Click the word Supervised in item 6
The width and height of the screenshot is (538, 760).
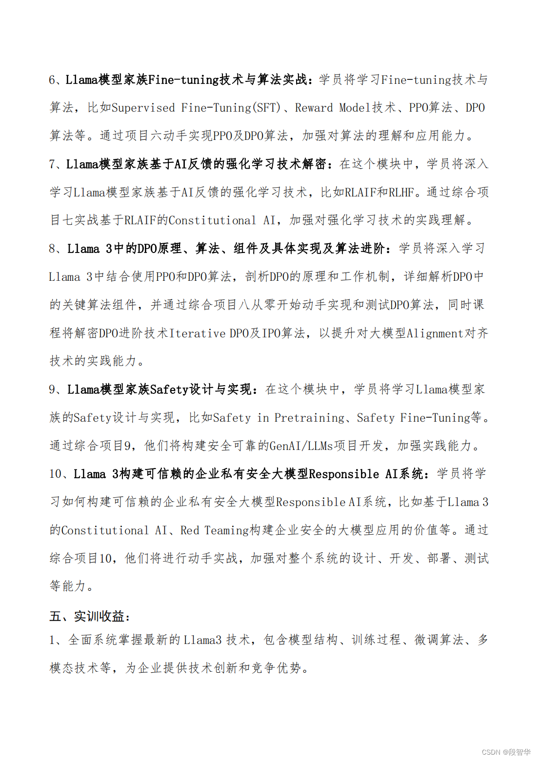click(143, 108)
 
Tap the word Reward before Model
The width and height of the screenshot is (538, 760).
click(314, 108)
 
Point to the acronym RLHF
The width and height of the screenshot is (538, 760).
click(401, 193)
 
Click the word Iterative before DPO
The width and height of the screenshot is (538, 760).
click(197, 333)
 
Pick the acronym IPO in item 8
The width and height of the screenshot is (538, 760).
click(271, 333)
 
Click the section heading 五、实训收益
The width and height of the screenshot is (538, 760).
click(90, 617)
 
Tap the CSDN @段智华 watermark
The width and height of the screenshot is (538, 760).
click(506, 752)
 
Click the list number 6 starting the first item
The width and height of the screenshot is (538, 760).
click(52, 80)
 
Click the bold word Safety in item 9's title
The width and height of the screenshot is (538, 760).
click(169, 390)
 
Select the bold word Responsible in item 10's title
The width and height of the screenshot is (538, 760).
click(344, 474)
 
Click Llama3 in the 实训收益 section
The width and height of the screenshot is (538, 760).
click(202, 640)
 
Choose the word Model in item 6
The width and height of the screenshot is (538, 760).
click(355, 108)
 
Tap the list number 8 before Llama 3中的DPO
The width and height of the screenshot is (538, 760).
click(53, 249)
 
